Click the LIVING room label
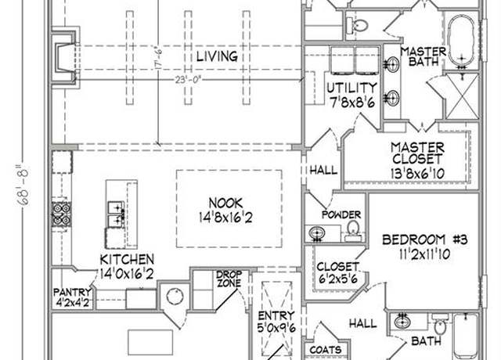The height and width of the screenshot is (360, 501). click(217, 56)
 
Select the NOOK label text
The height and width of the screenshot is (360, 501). click(225, 203)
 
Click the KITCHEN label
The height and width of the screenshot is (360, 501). click(127, 259)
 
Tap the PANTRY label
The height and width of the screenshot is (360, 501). click(72, 292)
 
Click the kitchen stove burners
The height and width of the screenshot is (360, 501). click(62, 214)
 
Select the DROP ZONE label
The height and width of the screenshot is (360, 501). click(229, 279)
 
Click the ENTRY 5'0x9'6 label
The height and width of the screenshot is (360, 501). click(276, 322)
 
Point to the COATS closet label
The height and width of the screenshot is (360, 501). click(326, 350)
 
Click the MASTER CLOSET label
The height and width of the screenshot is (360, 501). click(417, 153)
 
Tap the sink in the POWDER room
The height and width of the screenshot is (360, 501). click(316, 232)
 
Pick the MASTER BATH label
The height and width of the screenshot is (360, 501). click(423, 56)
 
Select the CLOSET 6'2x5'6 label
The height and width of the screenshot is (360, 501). click(337, 273)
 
